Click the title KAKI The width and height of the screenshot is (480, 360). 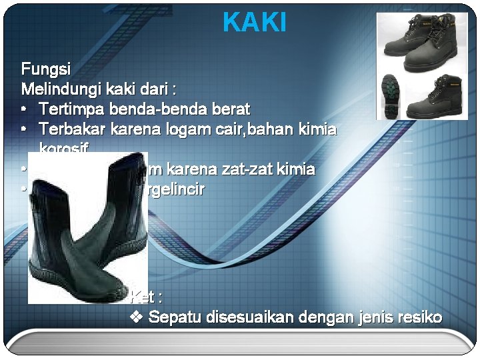[255, 23]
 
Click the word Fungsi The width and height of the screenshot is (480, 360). [46, 69]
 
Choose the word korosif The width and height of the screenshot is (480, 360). [64, 147]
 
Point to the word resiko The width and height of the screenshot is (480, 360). [418, 317]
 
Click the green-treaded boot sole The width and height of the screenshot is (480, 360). [388, 93]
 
